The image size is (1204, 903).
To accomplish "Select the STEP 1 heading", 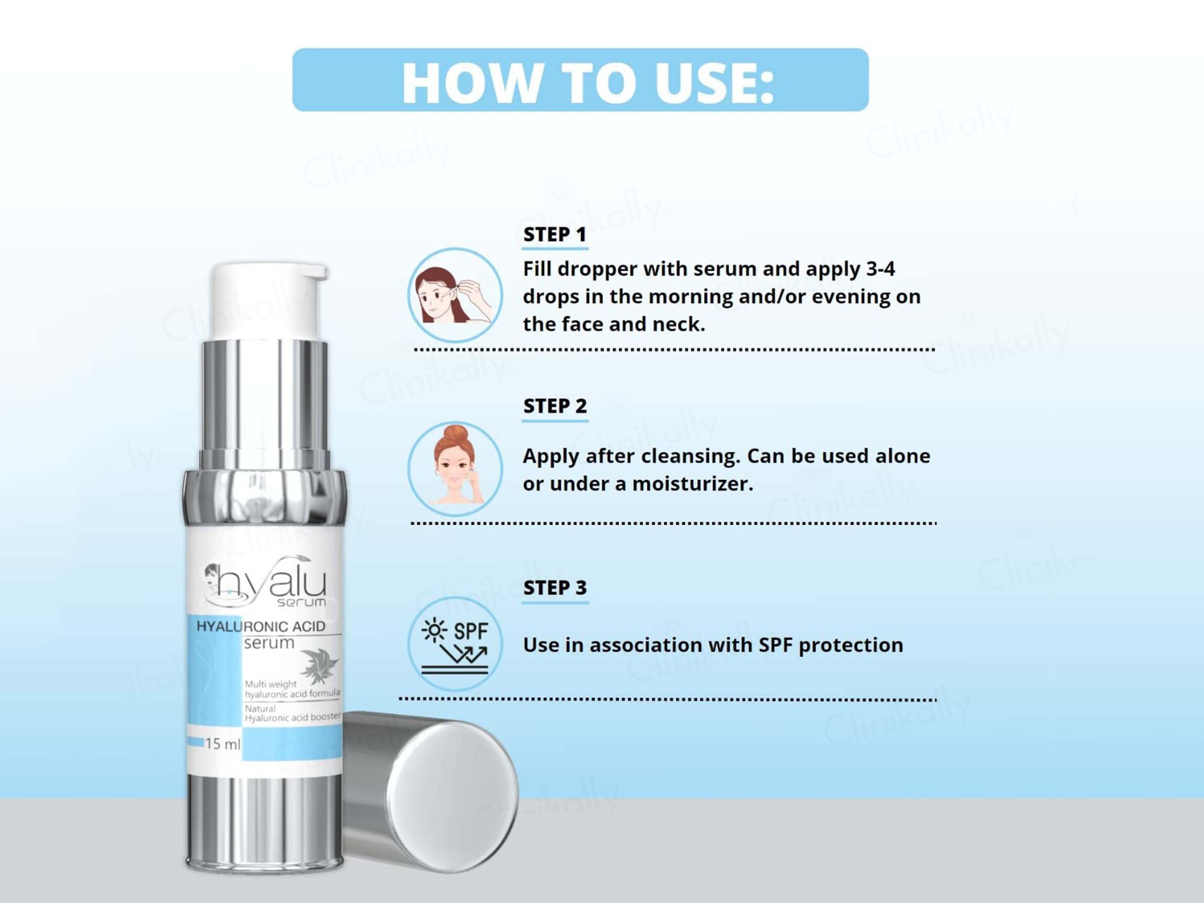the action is pyautogui.click(x=555, y=235).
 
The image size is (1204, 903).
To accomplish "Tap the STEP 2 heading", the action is pyautogui.click(x=555, y=406).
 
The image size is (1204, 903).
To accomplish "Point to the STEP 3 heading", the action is pyautogui.click(x=555, y=588).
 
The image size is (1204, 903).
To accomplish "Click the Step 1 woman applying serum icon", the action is pyautogui.click(x=455, y=295).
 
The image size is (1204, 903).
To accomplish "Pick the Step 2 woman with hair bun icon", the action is pyautogui.click(x=455, y=469).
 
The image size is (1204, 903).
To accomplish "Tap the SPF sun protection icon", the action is pyautogui.click(x=455, y=644).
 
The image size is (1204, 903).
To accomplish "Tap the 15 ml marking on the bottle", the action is pyautogui.click(x=222, y=744).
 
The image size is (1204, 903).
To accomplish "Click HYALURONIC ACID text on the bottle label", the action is pyautogui.click(x=261, y=627).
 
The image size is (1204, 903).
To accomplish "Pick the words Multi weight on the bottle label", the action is pyautogui.click(x=270, y=684).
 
